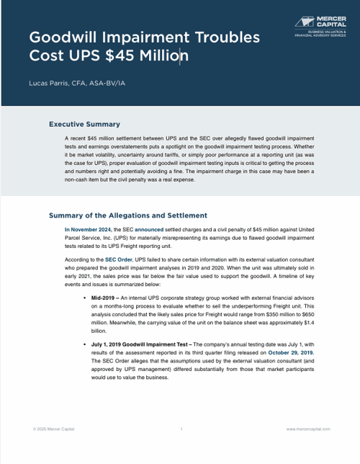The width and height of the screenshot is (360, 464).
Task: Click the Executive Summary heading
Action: click(x=84, y=125)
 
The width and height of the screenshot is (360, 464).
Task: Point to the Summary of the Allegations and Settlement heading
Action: click(x=127, y=215)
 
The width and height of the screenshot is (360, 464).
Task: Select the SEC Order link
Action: click(x=119, y=258)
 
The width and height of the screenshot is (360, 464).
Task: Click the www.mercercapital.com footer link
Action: click(x=308, y=429)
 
